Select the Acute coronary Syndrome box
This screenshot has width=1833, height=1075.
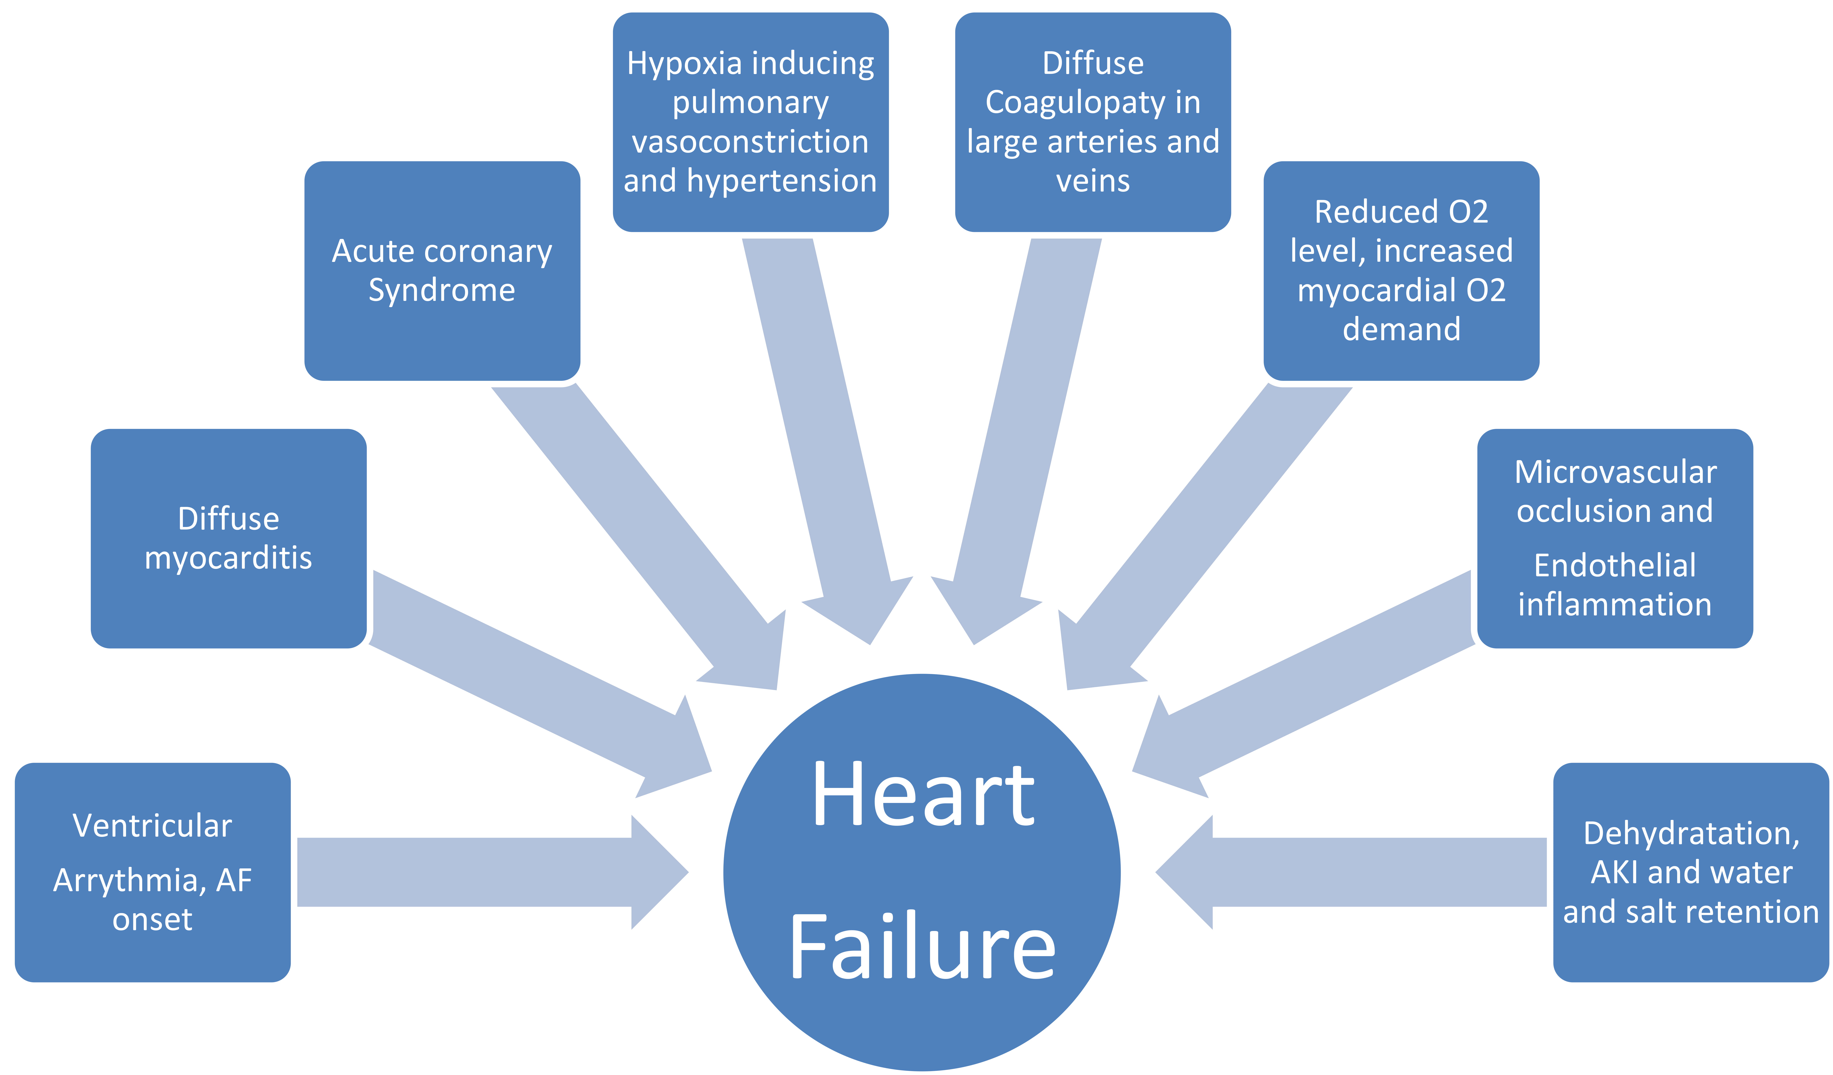[x=442, y=271]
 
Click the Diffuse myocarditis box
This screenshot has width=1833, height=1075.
[x=228, y=538]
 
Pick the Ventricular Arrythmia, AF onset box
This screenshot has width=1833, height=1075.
[x=153, y=872]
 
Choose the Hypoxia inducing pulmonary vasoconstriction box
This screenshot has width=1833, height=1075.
[x=751, y=122]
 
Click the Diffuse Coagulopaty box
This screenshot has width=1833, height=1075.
[x=1092, y=122]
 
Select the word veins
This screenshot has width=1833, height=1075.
[x=1092, y=180]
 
